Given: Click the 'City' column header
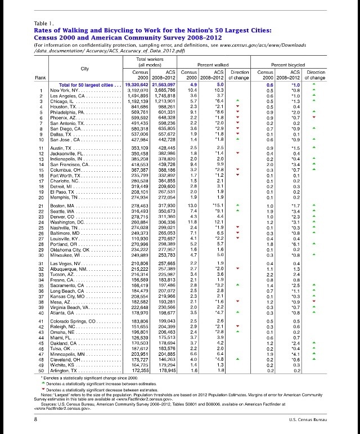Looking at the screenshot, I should (x=85, y=69).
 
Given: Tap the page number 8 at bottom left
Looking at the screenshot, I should (x=36, y=419).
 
